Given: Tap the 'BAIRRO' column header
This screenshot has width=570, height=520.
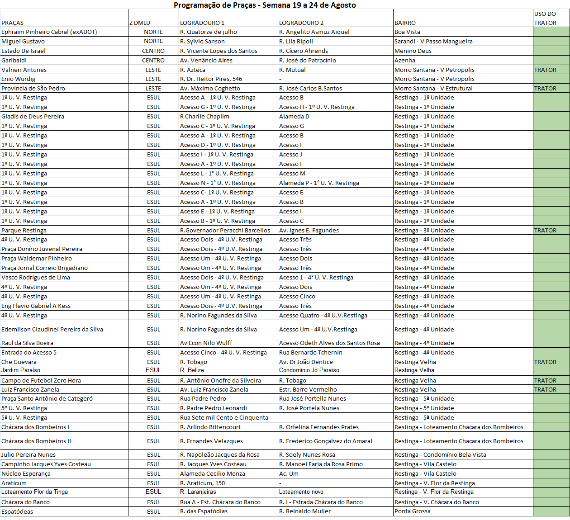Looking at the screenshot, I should pyautogui.click(x=405, y=23).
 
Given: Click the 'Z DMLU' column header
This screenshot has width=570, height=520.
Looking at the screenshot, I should pyautogui.click(x=140, y=23).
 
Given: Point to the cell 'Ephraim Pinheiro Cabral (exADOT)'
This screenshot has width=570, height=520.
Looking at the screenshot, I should pyautogui.click(x=49, y=32).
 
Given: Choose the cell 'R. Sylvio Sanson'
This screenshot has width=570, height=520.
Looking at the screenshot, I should pyautogui.click(x=202, y=42).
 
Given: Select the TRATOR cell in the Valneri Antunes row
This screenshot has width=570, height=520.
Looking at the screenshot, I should pyautogui.click(x=545, y=70).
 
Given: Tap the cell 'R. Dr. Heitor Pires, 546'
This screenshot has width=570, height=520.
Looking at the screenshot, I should pyautogui.click(x=211, y=79).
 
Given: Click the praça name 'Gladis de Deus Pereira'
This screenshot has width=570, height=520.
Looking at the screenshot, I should pyautogui.click(x=33, y=117).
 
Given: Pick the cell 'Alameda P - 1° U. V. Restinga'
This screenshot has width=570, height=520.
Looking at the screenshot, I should pyautogui.click(x=319, y=183).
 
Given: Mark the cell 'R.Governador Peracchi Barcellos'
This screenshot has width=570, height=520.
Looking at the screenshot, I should pyautogui.click(x=225, y=231).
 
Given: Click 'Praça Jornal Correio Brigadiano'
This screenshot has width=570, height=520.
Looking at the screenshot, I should pyautogui.click(x=44, y=268).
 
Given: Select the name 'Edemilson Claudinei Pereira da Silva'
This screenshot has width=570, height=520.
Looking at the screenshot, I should pyautogui.click(x=52, y=330).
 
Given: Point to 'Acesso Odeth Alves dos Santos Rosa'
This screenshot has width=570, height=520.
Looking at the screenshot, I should pyautogui.click(x=329, y=343).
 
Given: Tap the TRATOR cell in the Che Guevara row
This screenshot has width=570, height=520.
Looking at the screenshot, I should pyautogui.click(x=545, y=362).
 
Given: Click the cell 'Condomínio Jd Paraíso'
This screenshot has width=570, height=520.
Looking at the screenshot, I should pyautogui.click(x=309, y=370).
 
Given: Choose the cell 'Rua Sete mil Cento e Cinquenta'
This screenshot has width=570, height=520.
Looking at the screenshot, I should pyautogui.click(x=224, y=418).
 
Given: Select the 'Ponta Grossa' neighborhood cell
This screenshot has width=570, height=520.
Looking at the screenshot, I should pyautogui.click(x=413, y=511).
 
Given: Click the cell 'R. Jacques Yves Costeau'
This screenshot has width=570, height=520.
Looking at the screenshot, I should pyautogui.click(x=213, y=464).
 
